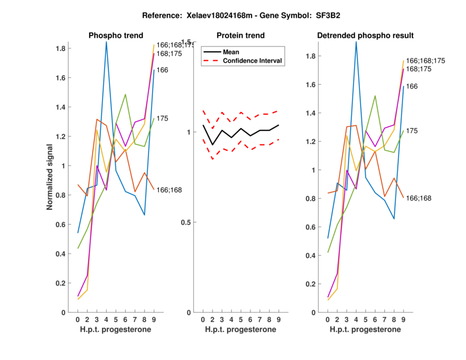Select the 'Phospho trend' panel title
(115, 36)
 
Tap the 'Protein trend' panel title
(240, 36)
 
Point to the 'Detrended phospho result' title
(365, 36)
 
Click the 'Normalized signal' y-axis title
(51, 177)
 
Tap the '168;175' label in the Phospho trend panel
(170, 54)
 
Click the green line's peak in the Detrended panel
(375, 96)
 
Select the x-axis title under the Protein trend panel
(240, 330)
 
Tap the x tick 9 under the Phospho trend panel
(154, 320)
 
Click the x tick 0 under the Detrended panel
(328, 320)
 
